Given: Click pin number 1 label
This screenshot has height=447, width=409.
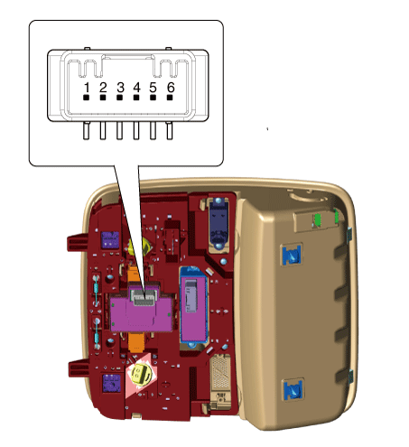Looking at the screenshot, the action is click(x=87, y=88).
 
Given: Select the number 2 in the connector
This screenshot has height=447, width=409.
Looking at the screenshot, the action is click(x=103, y=88).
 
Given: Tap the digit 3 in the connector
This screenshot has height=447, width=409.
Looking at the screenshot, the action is click(x=120, y=88).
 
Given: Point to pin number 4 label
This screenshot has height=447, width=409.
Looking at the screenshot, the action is click(x=137, y=88).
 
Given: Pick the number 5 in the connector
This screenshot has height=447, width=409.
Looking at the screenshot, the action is click(x=153, y=88).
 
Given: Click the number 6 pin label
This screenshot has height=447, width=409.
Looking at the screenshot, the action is click(x=171, y=88).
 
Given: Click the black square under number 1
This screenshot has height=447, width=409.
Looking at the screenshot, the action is click(x=87, y=98).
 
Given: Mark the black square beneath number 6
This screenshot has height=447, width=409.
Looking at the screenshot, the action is click(x=170, y=98).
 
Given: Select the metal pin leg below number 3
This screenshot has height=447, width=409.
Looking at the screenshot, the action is click(x=119, y=131).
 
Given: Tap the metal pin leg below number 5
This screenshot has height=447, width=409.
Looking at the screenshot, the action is click(x=153, y=131).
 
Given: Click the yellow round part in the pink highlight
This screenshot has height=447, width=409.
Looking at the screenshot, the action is click(x=140, y=374).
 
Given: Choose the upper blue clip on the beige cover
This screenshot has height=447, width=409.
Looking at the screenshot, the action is click(x=291, y=255).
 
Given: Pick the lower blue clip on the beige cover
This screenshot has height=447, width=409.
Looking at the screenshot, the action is click(x=293, y=390).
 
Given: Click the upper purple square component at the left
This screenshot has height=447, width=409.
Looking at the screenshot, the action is click(x=110, y=240).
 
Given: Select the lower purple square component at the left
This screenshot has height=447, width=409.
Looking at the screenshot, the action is click(x=112, y=383).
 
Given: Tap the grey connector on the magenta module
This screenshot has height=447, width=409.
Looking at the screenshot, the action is click(x=144, y=298).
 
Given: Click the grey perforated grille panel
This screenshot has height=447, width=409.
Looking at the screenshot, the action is click(x=221, y=373).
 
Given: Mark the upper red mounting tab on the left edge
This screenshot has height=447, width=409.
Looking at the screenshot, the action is click(x=75, y=242).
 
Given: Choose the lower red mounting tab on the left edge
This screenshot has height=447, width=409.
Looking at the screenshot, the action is click(x=78, y=368).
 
